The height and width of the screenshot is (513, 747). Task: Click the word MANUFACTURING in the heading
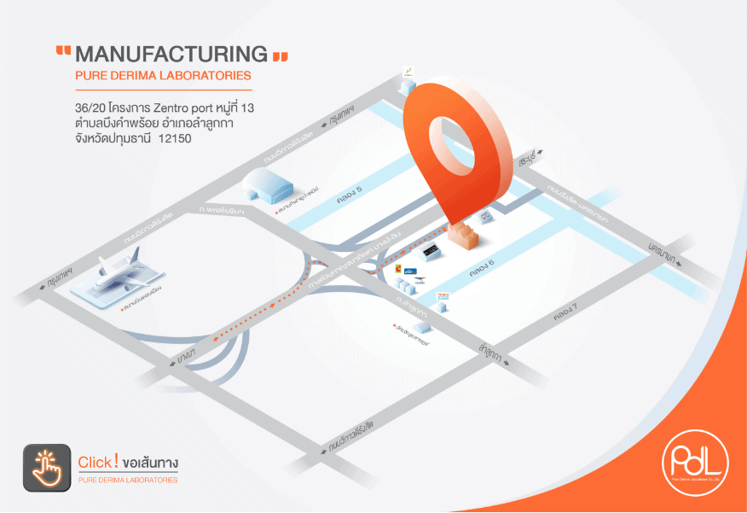pyautogui.click(x=171, y=55)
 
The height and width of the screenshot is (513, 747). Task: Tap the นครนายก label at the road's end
pyautogui.click(x=660, y=252)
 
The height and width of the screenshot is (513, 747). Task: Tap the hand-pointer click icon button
pyautogui.click(x=47, y=467)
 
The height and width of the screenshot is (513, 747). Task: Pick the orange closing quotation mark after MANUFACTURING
pyautogui.click(x=279, y=56)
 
